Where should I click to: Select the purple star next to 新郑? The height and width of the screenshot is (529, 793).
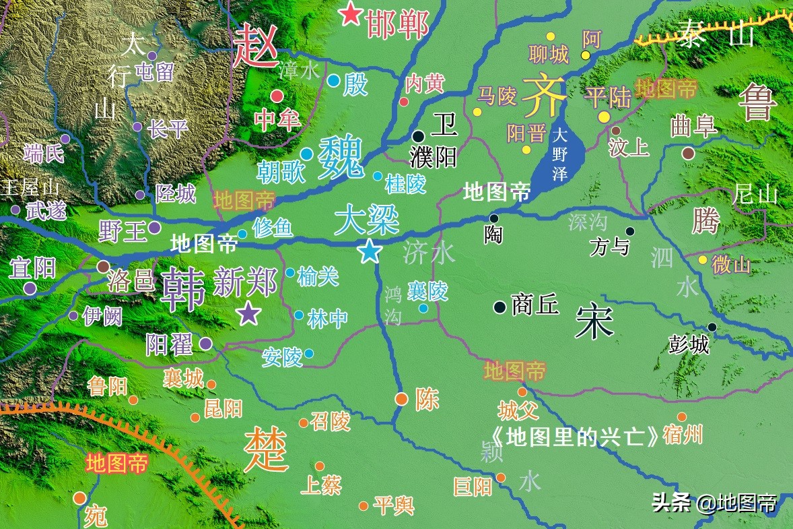tap(249, 313)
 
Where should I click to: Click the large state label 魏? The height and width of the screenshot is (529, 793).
tap(341, 158)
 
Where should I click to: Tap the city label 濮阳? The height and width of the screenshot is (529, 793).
tap(433, 157)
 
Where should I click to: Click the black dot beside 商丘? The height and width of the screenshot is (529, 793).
tap(499, 307)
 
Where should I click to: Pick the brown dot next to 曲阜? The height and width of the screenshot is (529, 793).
tap(687, 153)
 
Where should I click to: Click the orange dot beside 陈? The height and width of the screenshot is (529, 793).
tap(401, 399)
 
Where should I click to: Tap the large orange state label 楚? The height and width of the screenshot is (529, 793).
tap(266, 449)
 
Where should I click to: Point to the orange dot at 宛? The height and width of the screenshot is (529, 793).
tap(79, 498)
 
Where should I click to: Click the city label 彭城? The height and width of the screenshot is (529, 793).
tap(689, 345)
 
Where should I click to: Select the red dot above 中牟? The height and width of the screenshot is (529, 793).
tap(277, 96)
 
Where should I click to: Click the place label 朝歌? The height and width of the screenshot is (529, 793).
tap(280, 173)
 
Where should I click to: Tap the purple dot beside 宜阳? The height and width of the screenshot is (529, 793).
tap(30, 288)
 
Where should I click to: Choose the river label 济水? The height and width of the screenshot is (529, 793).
tap(429, 253)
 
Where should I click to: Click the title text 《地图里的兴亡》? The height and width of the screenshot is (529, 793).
tap(574, 437)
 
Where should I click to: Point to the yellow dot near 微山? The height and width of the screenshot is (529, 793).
tap(703, 259)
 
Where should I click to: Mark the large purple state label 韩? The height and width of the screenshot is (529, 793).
tap(183, 288)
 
